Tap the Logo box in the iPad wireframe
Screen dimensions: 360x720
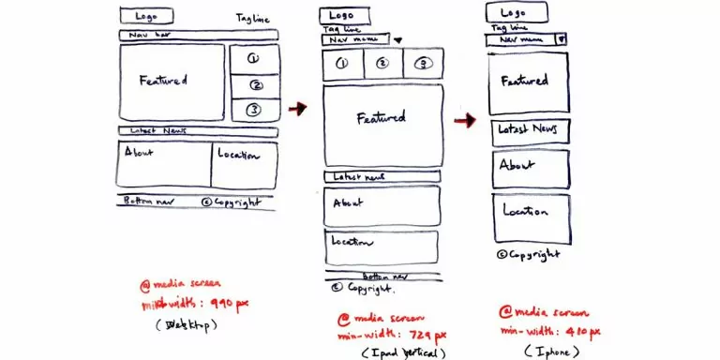click(x=342, y=16)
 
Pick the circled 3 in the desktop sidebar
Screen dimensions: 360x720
click(x=252, y=111)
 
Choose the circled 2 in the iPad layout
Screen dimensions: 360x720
click(x=382, y=64)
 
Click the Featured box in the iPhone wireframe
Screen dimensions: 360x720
click(x=528, y=82)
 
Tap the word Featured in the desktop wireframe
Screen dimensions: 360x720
click(x=163, y=81)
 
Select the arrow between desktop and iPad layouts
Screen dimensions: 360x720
click(x=297, y=110)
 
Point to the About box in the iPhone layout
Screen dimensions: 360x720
click(x=531, y=168)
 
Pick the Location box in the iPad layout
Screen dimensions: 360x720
click(x=382, y=246)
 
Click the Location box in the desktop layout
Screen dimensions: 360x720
click(x=244, y=165)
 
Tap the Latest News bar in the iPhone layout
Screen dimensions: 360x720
click(x=531, y=130)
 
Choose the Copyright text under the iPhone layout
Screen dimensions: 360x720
click(x=530, y=254)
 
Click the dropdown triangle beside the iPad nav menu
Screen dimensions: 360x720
click(x=397, y=41)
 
